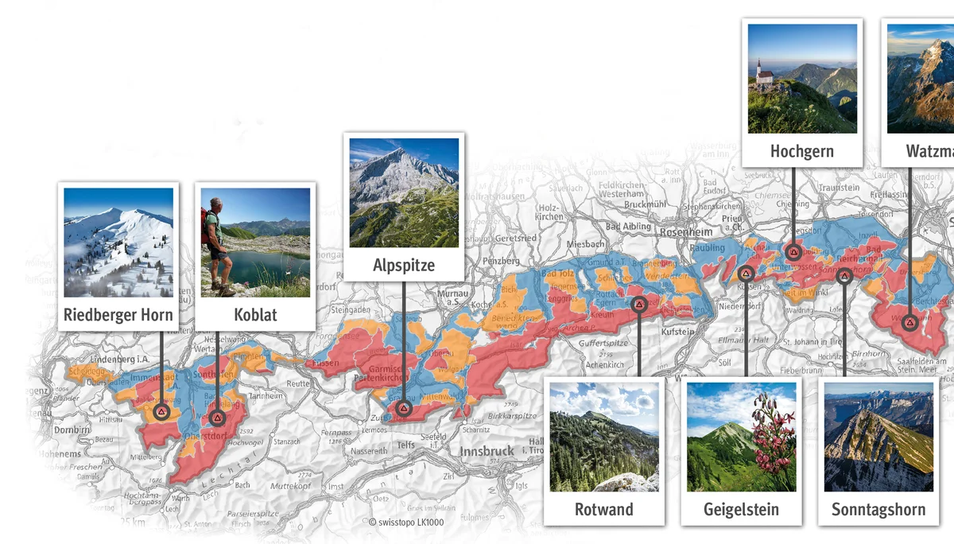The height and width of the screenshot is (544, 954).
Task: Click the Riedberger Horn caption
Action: coord(118,315)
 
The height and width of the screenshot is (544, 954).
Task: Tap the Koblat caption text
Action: coord(255,315)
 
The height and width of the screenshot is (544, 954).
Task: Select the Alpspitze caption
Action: coord(404,266)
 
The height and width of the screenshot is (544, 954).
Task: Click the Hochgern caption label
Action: coord(802,151)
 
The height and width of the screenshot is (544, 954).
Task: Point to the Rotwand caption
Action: coord(603,509)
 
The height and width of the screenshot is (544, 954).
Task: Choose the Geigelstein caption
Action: coord(741,509)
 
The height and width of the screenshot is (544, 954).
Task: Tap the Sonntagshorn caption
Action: coord(878,509)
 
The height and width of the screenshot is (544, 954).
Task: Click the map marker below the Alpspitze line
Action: coord(404,409)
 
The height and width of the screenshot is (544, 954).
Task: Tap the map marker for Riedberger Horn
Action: coord(161,412)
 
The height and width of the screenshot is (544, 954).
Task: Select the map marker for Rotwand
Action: coord(639,304)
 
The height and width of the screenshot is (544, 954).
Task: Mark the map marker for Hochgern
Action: coord(793,253)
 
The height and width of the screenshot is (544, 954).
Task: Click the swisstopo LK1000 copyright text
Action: coord(406,523)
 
